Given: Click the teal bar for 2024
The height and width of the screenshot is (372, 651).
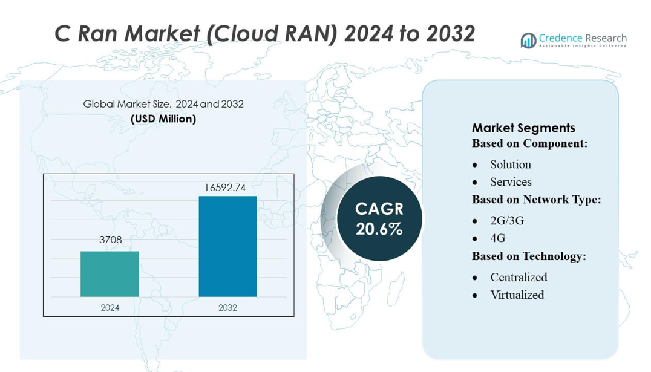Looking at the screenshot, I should [x=110, y=274].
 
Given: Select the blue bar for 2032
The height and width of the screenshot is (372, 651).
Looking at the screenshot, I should [x=227, y=246].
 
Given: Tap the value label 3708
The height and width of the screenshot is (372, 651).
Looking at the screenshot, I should [x=110, y=240].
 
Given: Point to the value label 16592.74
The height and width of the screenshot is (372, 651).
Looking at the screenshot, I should [x=224, y=188].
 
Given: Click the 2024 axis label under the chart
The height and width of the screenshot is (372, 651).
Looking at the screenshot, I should [x=110, y=308].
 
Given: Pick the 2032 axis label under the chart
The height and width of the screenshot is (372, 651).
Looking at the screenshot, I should [x=227, y=308].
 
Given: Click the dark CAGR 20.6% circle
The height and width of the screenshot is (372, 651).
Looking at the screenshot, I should [x=379, y=218].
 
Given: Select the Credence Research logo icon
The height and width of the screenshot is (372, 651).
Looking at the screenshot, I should [x=528, y=41].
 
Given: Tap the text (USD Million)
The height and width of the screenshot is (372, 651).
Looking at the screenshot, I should [x=163, y=119].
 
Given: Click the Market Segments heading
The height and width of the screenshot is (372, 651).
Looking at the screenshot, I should [x=523, y=128].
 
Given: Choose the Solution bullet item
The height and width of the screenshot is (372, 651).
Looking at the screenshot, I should [x=511, y=165].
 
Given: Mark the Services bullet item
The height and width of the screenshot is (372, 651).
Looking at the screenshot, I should [x=511, y=182].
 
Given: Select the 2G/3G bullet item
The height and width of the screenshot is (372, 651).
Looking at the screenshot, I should [x=507, y=221].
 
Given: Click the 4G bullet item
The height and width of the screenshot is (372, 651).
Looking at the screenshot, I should [x=498, y=238].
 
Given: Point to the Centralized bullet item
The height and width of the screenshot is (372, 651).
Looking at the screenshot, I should [x=519, y=278].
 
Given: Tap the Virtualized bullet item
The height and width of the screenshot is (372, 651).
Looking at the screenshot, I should [x=517, y=295].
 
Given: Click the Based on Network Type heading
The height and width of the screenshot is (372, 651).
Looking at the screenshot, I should [x=536, y=200].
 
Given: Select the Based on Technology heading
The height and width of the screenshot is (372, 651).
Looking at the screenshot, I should [x=529, y=256].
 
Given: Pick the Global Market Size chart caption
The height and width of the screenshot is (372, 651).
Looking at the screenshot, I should [x=163, y=104].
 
